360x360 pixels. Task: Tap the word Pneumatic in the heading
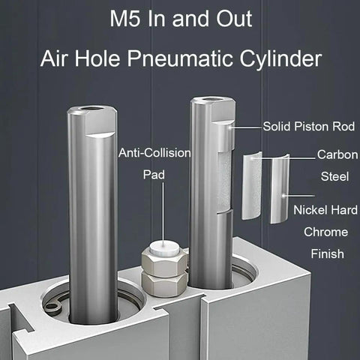(180, 59)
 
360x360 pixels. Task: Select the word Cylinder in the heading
(280, 59)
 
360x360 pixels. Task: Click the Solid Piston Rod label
(309, 126)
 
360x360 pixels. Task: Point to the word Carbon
(337, 154)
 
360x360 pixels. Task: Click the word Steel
(334, 176)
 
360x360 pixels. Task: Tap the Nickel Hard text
(325, 210)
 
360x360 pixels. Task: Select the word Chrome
(325, 232)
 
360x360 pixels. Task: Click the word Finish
(327, 253)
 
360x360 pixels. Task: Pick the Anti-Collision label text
(154, 153)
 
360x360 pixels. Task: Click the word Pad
(154, 175)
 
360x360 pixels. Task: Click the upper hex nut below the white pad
(164, 263)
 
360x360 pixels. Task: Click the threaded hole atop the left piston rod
(92, 109)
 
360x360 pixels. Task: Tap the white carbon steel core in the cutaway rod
(223, 181)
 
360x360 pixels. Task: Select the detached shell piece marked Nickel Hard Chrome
(280, 189)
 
